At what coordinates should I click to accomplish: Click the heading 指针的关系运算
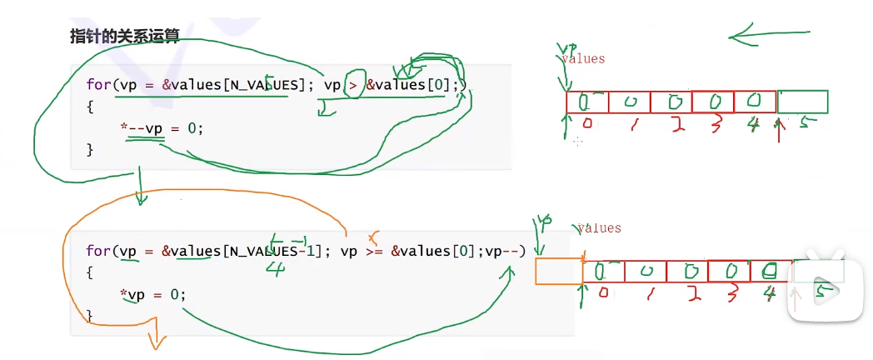click(x=124, y=37)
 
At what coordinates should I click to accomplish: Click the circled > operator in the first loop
click(x=353, y=85)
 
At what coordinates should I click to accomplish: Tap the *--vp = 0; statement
click(x=162, y=128)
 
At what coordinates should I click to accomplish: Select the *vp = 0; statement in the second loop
click(x=152, y=294)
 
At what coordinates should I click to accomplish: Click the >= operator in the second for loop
click(x=374, y=251)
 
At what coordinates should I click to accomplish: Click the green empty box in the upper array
click(x=802, y=102)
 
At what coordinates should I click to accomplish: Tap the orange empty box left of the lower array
click(x=558, y=271)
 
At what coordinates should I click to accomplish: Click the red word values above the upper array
click(x=583, y=59)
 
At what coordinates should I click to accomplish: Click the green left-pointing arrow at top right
click(x=766, y=35)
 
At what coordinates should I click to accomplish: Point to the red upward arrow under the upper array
click(x=781, y=133)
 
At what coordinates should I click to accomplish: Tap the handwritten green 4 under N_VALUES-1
click(x=276, y=268)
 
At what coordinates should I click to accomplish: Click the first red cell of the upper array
click(x=587, y=102)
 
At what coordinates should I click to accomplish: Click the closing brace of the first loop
click(x=90, y=149)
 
